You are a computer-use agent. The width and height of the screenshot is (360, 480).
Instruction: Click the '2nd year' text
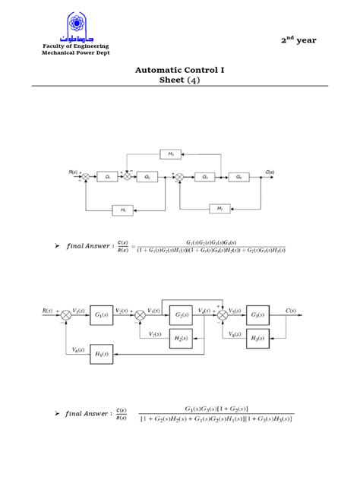(299, 40)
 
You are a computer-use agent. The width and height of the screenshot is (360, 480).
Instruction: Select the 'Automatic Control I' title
(180, 69)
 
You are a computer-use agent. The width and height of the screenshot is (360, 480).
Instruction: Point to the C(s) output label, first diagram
(270, 172)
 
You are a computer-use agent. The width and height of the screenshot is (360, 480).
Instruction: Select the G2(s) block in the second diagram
(181, 314)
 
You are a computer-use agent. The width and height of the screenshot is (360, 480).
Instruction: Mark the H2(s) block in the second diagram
(181, 338)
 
